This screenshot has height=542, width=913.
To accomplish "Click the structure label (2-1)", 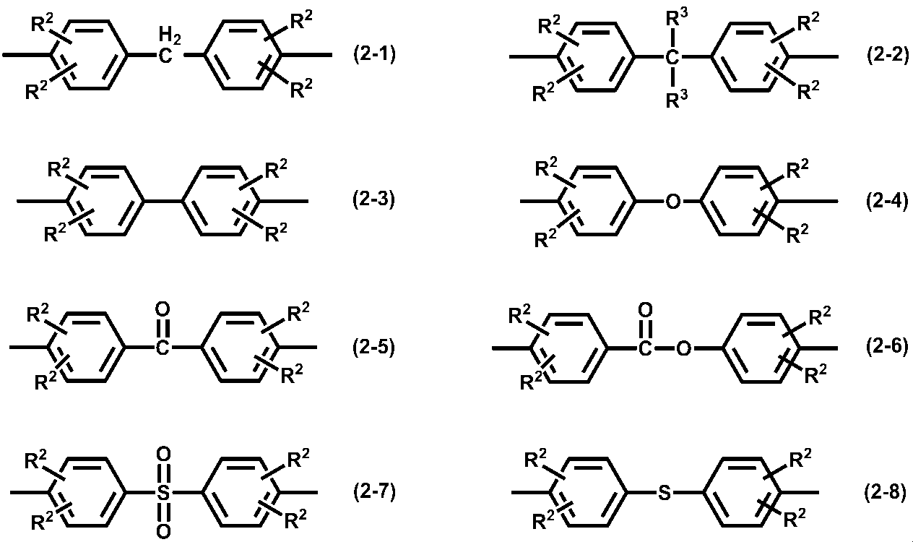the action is coord(374,55).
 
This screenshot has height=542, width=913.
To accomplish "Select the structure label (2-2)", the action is coord(888,56).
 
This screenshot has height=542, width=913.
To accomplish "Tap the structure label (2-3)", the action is coord(373,200).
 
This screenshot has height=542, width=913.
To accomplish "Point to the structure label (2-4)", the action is coord(887,201).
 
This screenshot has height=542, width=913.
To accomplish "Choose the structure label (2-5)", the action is coord(373,347).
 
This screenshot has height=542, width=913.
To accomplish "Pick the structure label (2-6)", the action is coord(887,346).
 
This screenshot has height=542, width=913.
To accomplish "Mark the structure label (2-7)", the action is coord(374,491).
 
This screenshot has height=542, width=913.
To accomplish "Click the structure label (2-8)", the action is coord(886,492).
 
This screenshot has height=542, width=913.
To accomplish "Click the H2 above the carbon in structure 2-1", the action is coord(170,35).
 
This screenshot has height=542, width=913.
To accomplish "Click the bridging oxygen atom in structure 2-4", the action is coord(672,201).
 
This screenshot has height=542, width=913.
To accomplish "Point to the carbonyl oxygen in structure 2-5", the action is coord(163,309).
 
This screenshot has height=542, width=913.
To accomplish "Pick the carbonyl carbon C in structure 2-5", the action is coord(163,348).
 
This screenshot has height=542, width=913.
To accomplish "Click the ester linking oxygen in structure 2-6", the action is coord(683,348).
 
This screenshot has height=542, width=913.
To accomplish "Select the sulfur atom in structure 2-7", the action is coord(163,493).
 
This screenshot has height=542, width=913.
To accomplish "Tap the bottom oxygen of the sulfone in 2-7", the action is coord(163,531).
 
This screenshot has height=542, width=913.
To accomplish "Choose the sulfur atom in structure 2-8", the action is coord(665,493).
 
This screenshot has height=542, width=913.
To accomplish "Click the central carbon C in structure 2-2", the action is coord(672,58).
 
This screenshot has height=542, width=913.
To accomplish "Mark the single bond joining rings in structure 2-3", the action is coord(163,201).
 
